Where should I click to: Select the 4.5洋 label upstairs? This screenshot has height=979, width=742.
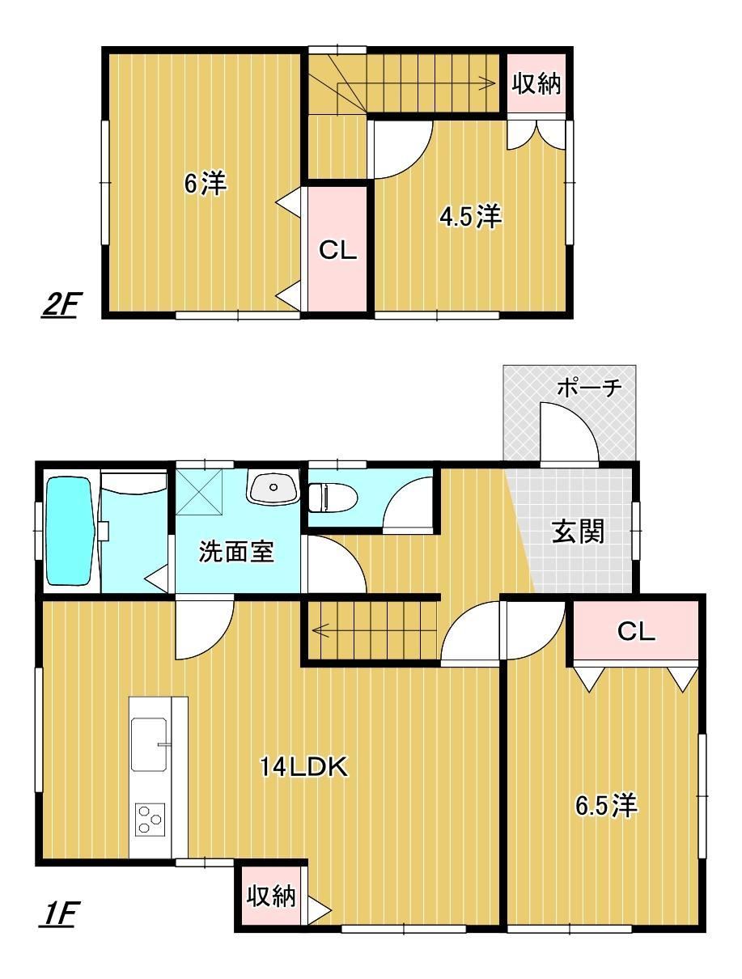click(470, 217)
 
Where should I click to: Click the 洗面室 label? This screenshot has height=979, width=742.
click(236, 551)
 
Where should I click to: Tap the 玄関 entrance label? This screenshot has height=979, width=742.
click(578, 532)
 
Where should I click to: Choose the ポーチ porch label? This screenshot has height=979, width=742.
click(589, 388)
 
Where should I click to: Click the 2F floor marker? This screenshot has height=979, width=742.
click(58, 306)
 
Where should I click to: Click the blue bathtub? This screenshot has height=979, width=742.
click(70, 531)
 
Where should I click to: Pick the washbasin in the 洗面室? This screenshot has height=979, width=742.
click(273, 488)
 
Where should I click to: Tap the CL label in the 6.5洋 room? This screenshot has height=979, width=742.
click(636, 631)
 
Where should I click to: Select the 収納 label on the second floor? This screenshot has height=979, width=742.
click(536, 83)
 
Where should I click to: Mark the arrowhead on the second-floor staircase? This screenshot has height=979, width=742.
click(490, 83)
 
